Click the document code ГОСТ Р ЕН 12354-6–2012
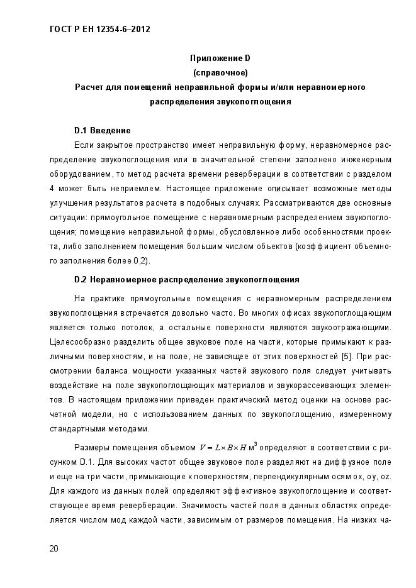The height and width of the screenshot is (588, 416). (99, 29)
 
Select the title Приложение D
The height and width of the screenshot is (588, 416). (220, 58)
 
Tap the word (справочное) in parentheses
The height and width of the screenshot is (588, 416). (220, 72)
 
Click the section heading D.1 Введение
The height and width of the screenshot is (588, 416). (102, 131)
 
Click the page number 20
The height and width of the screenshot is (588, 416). (54, 549)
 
